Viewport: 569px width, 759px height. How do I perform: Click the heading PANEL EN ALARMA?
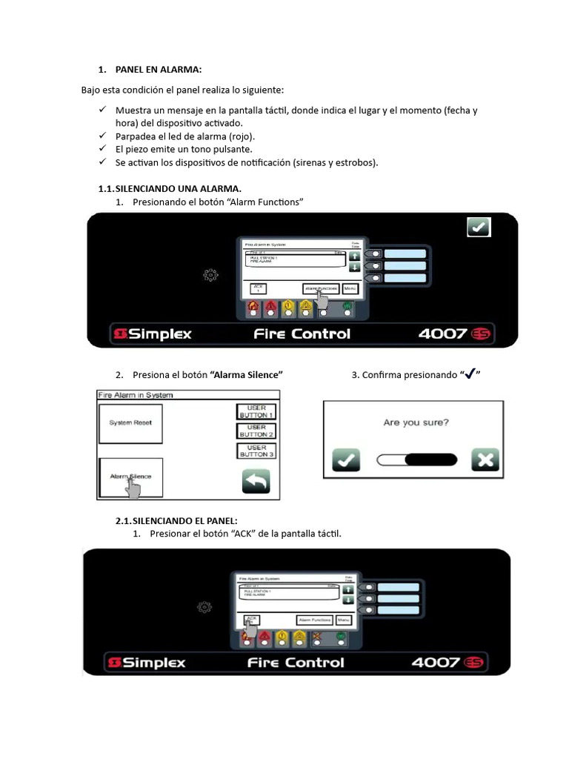point(158,69)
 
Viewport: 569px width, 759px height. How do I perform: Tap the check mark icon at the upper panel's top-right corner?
point(479,228)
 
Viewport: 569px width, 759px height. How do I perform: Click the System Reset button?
point(130,422)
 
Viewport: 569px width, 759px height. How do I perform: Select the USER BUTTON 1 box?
point(256,411)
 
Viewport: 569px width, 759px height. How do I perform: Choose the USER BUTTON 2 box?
point(256,431)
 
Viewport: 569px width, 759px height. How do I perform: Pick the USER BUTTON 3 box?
point(256,451)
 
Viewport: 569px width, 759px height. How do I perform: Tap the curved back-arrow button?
point(256,483)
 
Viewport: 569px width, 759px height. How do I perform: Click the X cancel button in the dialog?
point(485,460)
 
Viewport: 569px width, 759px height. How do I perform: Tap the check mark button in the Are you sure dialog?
point(345,460)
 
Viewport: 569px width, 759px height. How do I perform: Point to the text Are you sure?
point(415,422)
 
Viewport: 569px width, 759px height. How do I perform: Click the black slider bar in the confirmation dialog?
point(431,460)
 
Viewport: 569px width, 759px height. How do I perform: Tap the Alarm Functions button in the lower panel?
point(315,620)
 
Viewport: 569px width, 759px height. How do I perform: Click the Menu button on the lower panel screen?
point(344,620)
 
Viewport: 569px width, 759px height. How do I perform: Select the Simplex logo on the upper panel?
point(153,334)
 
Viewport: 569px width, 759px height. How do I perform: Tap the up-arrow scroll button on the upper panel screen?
point(354,256)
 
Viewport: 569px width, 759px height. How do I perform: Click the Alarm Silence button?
point(130,477)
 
